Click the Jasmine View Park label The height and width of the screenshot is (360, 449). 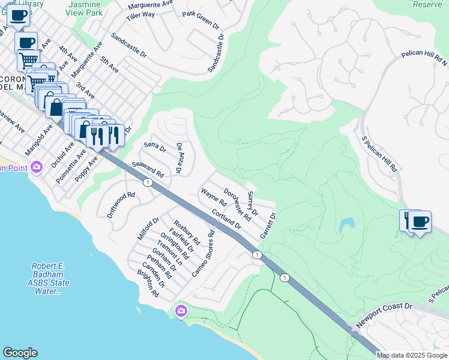coord(84,8)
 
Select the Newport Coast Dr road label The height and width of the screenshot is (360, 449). coord(384,316)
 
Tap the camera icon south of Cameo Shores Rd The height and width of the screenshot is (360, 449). coord(181,311)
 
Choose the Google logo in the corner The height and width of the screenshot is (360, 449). coord(20,353)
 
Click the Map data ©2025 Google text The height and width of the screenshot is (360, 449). coord(412,355)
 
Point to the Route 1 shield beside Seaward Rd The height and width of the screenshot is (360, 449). coord(146,182)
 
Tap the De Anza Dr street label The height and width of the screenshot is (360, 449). coord(179,158)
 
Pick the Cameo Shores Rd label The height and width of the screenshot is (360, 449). coord(203,254)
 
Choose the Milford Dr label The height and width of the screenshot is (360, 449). coord(148,229)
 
